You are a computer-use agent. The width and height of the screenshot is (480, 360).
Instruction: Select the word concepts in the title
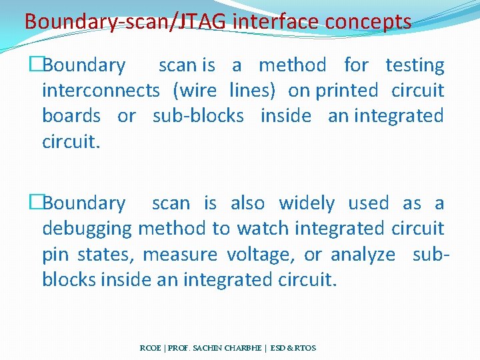pos(368,22)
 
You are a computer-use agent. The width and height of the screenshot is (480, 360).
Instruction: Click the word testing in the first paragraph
pos(415,65)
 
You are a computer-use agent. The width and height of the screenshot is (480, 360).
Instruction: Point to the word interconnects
pos(101,90)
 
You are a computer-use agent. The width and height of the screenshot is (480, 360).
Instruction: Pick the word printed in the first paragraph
pos(347,90)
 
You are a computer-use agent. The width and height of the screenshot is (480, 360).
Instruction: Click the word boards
pos(71,115)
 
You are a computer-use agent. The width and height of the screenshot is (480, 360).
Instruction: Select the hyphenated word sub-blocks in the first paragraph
pos(198,115)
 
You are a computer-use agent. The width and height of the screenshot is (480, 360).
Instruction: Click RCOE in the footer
pos(150,348)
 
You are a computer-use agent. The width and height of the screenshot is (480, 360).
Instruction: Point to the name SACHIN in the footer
pos(207,348)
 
